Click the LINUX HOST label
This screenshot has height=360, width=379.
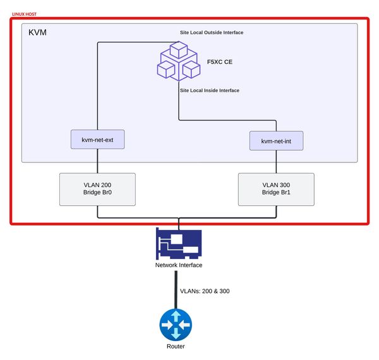(x=23, y=13)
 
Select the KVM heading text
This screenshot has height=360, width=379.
(x=39, y=32)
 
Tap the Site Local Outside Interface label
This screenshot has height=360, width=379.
(x=211, y=32)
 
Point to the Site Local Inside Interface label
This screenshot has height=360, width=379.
(x=209, y=90)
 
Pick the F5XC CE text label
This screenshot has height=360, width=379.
(x=220, y=63)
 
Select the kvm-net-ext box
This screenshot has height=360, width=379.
(x=97, y=139)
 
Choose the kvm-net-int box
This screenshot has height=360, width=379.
(x=276, y=140)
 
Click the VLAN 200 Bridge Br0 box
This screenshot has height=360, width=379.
(x=97, y=189)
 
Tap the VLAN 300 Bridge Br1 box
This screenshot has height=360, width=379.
(x=276, y=189)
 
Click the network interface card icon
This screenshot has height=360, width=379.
(x=178, y=243)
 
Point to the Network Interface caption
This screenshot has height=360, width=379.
(x=179, y=265)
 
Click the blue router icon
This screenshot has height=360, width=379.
(x=176, y=325)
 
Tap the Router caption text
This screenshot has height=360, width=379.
(x=176, y=347)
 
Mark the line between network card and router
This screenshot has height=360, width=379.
(x=176, y=291)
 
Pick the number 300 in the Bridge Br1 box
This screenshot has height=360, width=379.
(x=284, y=185)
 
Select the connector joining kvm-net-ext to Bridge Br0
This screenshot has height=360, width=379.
(x=97, y=160)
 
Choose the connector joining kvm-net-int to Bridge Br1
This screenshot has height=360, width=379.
(x=276, y=162)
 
